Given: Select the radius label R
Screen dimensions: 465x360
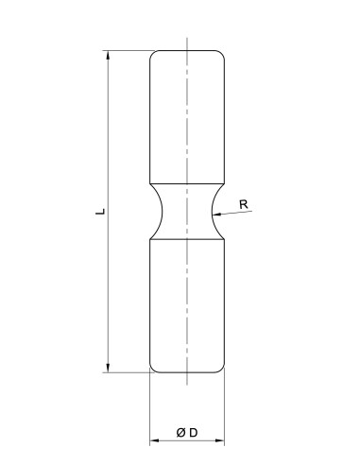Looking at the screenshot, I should [x=244, y=203].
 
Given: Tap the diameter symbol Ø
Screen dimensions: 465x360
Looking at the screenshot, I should [x=180, y=433].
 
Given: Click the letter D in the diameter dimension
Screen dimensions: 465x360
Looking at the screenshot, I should [x=193, y=433].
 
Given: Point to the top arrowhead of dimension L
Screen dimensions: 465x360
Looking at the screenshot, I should [x=109, y=55].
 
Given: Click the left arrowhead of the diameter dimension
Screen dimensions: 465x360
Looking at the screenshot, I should [x=155, y=441].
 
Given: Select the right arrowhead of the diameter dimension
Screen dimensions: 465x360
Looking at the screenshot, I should [x=220, y=441].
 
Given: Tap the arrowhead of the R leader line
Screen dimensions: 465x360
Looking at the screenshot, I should [x=219, y=215].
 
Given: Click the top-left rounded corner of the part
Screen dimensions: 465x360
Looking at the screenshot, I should [x=153, y=54].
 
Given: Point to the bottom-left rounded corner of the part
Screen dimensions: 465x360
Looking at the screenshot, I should [x=153, y=369].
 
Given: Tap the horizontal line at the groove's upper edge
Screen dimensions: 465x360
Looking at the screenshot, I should [x=187, y=182].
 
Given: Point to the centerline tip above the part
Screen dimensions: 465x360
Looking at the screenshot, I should [x=187, y=40].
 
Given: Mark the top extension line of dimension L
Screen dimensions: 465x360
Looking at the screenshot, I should [x=128, y=49].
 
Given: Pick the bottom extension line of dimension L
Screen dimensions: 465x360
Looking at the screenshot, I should [x=128, y=373].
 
